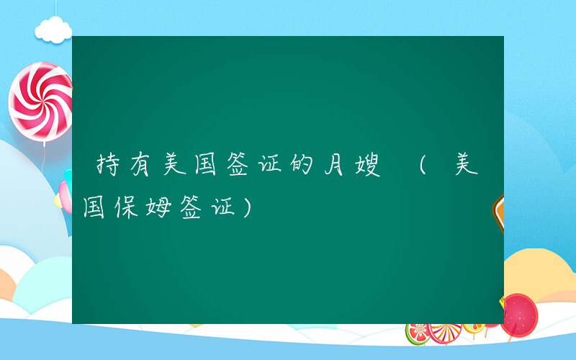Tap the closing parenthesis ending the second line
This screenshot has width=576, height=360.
[248, 208]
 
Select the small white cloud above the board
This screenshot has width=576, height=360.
[55, 29]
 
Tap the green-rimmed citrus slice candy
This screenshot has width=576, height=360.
[418, 332]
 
